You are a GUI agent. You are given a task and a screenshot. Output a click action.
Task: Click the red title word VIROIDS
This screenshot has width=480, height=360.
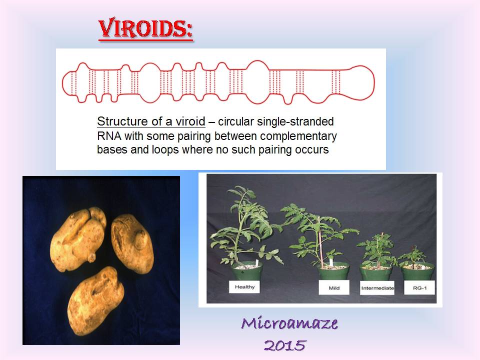pos(145,29)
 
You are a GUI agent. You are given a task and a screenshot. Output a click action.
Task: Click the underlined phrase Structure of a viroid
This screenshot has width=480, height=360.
pos(151,121)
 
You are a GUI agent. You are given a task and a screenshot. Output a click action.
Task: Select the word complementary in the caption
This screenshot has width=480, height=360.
pos(298,136)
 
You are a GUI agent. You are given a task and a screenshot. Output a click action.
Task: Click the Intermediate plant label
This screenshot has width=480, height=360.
pos(377,288)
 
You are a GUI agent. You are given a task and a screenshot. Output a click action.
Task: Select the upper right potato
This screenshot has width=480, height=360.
pos(132,242)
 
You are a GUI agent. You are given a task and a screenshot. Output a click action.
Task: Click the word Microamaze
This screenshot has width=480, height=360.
pos(289,323)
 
